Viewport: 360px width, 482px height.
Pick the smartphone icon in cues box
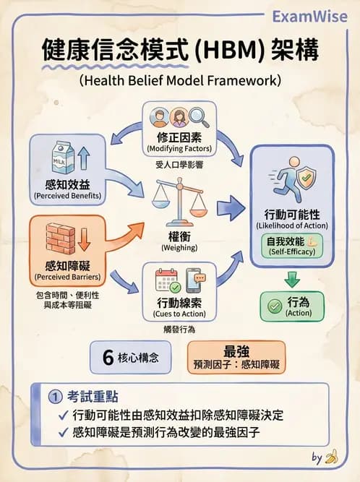pos(194,280)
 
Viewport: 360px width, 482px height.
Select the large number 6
pos(109,357)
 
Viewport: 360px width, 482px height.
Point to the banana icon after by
pos(332,457)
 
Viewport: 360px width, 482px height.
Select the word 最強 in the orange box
pos(236,350)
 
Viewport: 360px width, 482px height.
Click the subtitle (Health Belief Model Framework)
pos(180,80)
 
